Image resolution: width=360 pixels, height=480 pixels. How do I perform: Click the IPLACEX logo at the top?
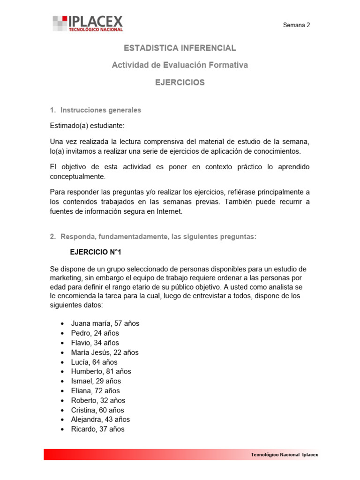tap(88, 23)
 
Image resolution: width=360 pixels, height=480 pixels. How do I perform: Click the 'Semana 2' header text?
tap(296, 26)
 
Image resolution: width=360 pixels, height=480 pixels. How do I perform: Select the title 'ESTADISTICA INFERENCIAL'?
tap(180, 48)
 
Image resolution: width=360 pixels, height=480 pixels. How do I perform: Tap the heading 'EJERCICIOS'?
tap(180, 82)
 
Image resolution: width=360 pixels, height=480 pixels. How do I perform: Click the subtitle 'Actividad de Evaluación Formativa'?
tap(180, 65)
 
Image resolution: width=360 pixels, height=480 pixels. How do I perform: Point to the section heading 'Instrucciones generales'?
tap(100, 110)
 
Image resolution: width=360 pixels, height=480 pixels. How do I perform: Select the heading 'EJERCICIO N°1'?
tap(96, 252)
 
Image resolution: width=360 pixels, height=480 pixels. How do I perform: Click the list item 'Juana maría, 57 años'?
tap(105, 323)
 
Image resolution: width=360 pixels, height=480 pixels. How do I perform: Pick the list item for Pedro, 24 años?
tap(95, 333)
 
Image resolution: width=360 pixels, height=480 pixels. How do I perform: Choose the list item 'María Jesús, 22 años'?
tap(105, 352)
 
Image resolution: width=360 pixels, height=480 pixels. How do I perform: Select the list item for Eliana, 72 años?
tap(95, 391)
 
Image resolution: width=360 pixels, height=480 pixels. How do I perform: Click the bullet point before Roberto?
tap(62, 401)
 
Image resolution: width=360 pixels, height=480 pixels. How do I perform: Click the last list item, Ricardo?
tap(97, 429)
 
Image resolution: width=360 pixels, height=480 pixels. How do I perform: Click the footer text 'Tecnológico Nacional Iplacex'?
tap(285, 455)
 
